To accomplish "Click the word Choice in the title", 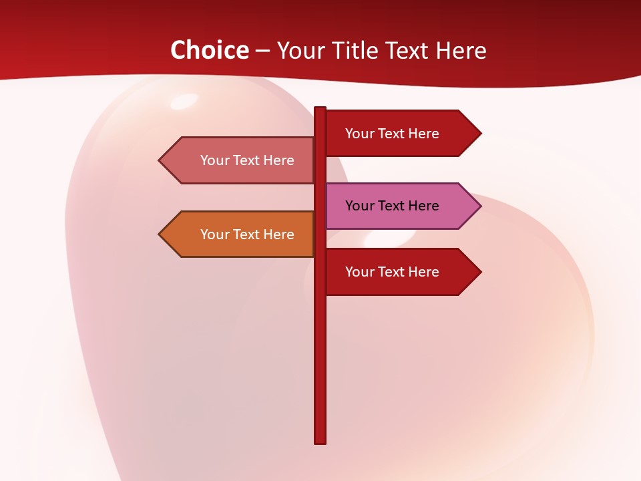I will (209, 50).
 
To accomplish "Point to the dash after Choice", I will (262, 51).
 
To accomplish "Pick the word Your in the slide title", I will (300, 50).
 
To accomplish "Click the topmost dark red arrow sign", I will (401, 133).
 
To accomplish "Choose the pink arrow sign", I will (401, 206).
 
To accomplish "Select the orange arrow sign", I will (240, 234).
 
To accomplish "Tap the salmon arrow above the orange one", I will (240, 160).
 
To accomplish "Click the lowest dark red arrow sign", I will (401, 272).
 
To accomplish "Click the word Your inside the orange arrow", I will (214, 234).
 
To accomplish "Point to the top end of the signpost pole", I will (320, 109).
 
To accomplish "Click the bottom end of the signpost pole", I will (320, 442).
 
